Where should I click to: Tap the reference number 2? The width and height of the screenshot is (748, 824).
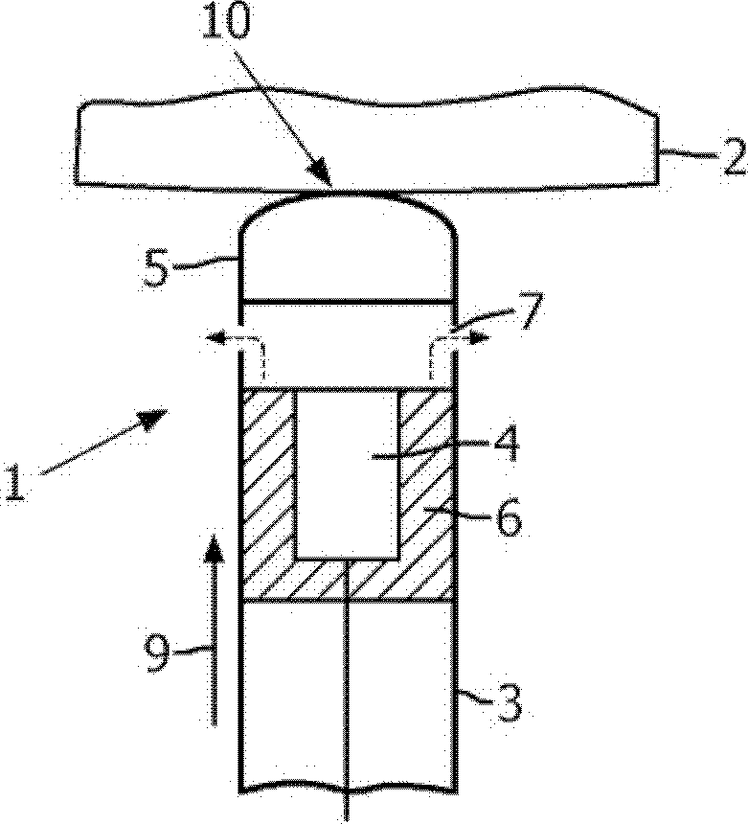733,156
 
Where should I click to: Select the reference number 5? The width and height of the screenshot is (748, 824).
156,268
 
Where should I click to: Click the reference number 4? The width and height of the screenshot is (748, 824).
506,443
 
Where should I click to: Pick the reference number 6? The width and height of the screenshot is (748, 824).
509,518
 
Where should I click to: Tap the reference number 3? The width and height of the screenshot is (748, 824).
509,702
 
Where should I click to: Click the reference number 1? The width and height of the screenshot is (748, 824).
14,481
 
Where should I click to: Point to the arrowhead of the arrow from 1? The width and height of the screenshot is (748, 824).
153,419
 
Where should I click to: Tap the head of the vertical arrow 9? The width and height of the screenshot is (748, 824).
213,550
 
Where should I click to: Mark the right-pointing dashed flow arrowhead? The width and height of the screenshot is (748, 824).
479,338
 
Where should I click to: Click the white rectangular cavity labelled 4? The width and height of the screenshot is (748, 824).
349,473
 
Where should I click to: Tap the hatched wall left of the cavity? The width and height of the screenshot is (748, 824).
268,473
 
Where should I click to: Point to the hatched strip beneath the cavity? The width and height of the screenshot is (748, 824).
348,579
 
